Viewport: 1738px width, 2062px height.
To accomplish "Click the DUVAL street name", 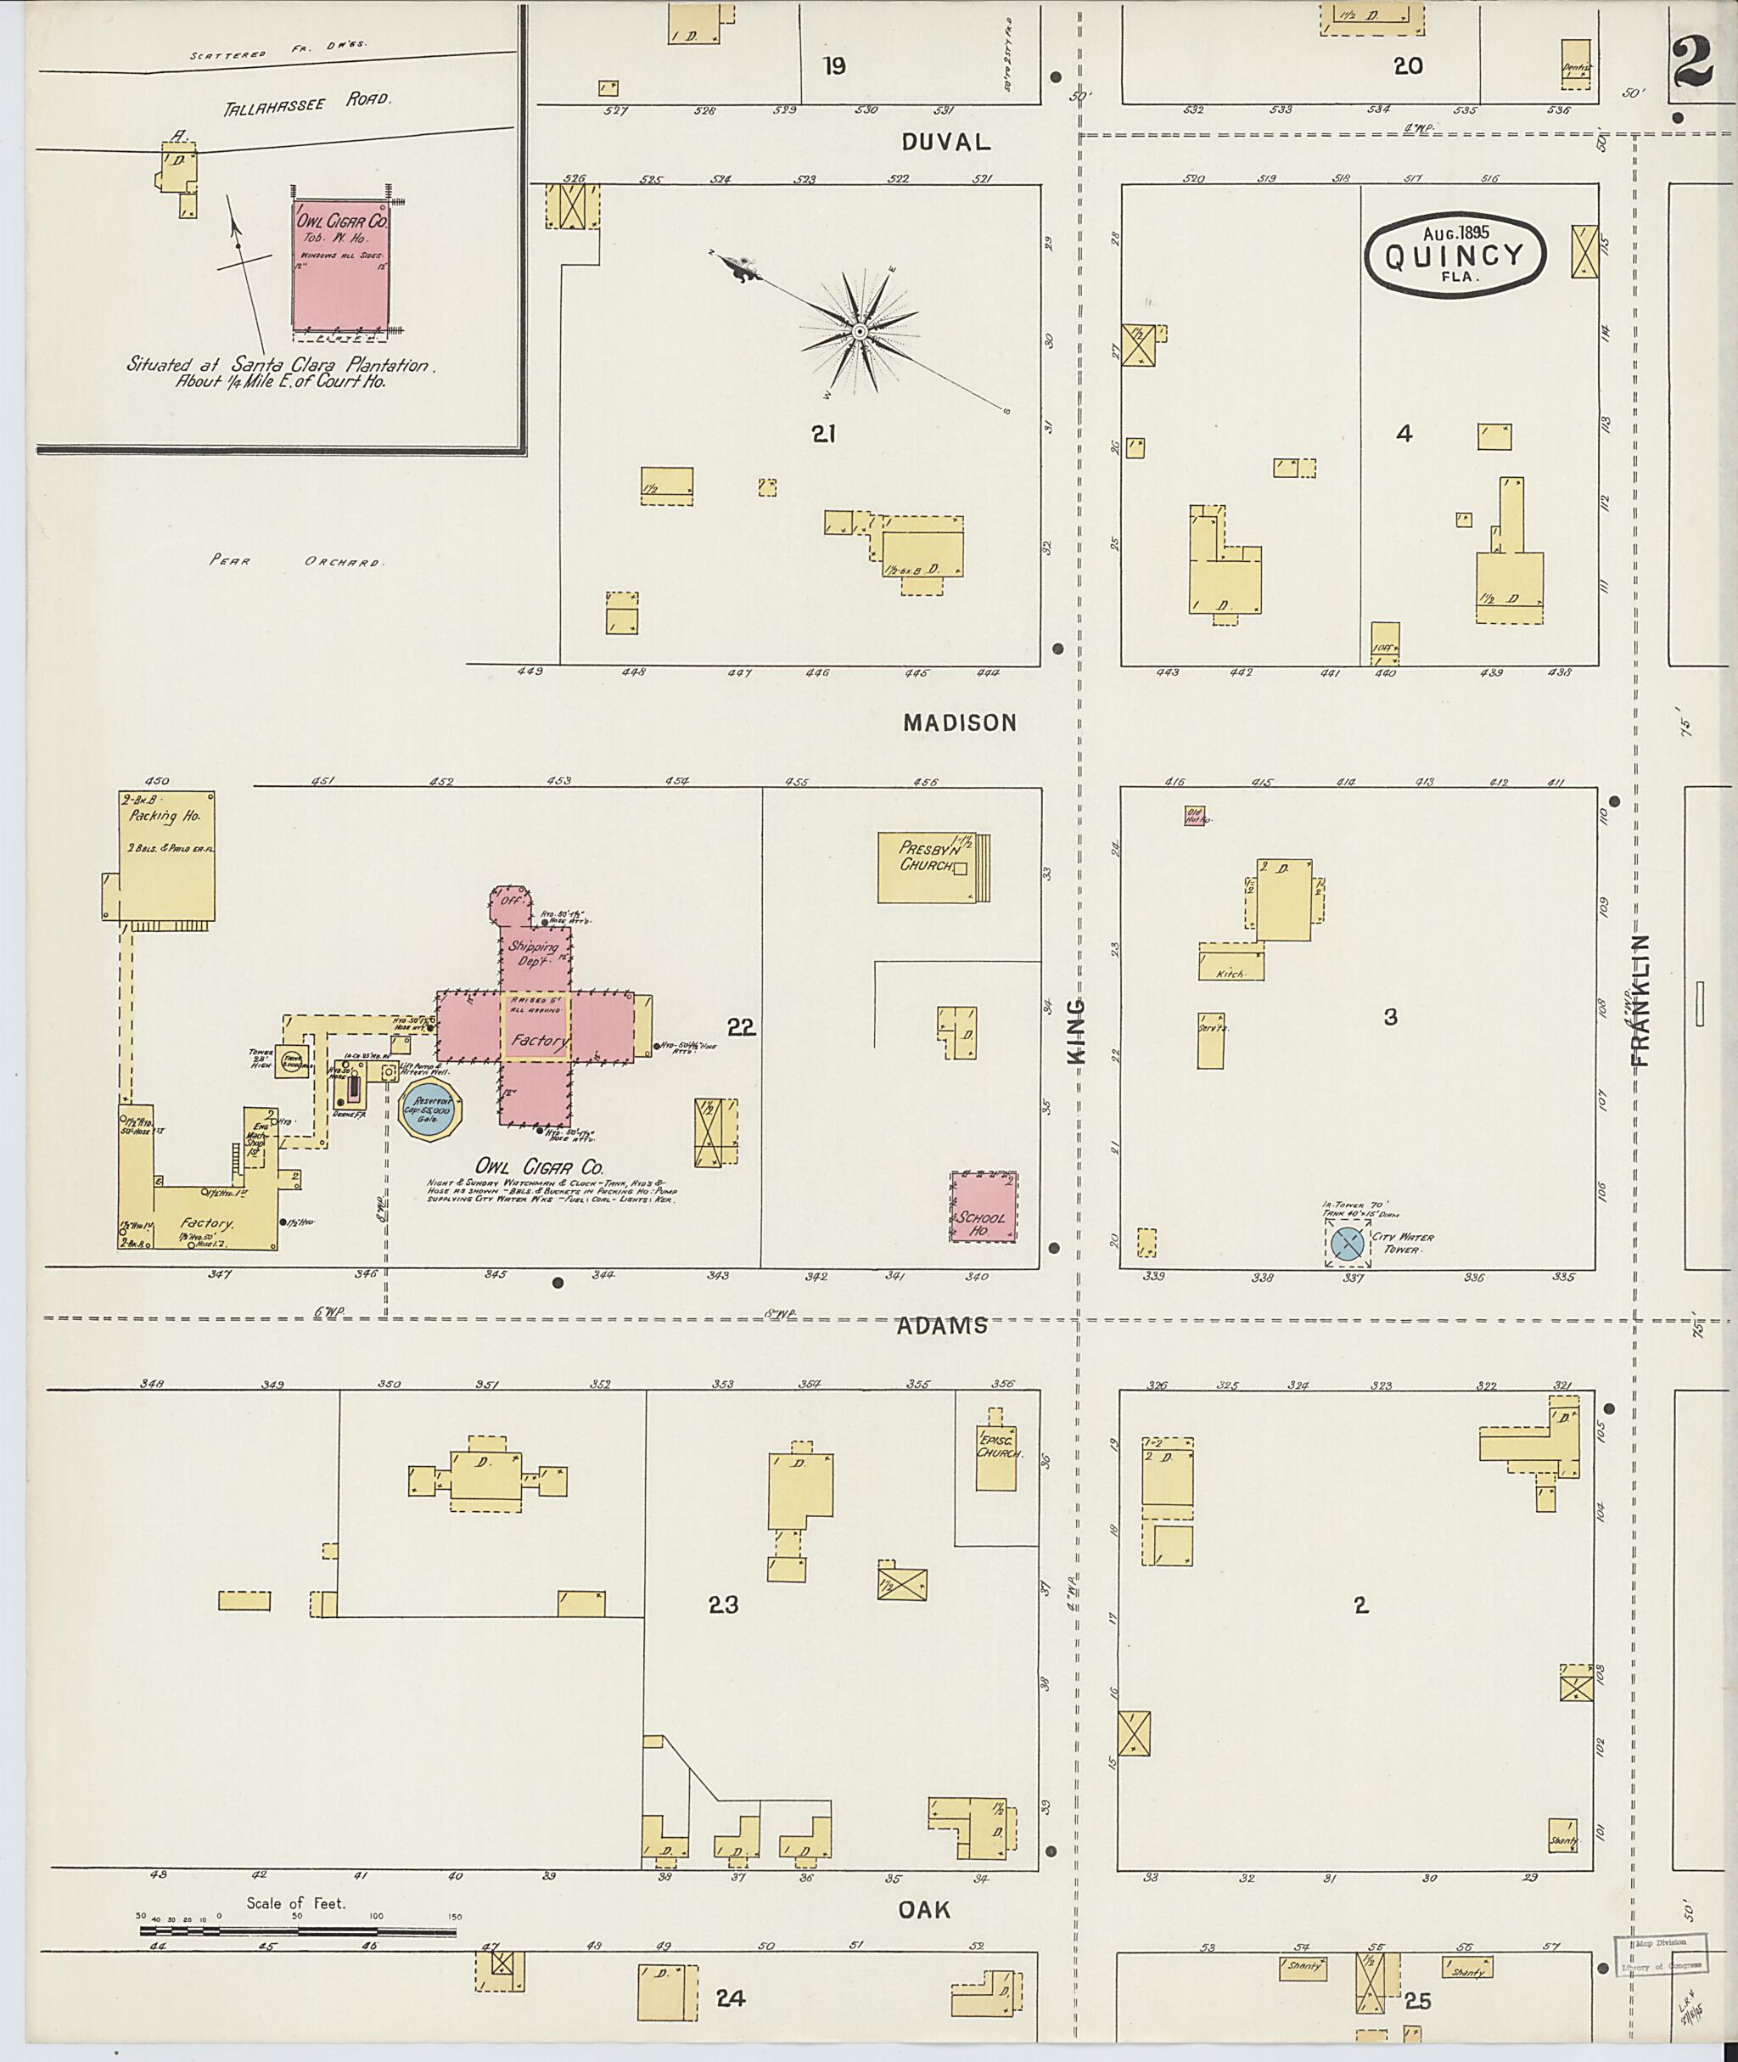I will [x=945, y=142].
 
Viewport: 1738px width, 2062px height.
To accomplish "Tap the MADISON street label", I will [x=960, y=722].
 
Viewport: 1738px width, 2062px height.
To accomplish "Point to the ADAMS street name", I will [x=942, y=1326].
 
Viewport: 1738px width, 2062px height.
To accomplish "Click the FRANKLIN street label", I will [x=1640, y=1002].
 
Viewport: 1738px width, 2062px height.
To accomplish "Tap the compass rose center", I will [x=859, y=332].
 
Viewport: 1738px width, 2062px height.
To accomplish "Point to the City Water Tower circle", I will [x=1347, y=1243].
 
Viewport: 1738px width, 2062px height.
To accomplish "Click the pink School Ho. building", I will [x=983, y=1206].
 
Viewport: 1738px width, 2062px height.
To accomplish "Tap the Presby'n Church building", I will [x=930, y=868].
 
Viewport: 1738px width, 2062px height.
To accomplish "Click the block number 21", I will [x=824, y=434].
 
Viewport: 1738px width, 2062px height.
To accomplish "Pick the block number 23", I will [x=723, y=1604].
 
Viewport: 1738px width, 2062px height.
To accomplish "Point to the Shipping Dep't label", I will [x=533, y=951].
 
